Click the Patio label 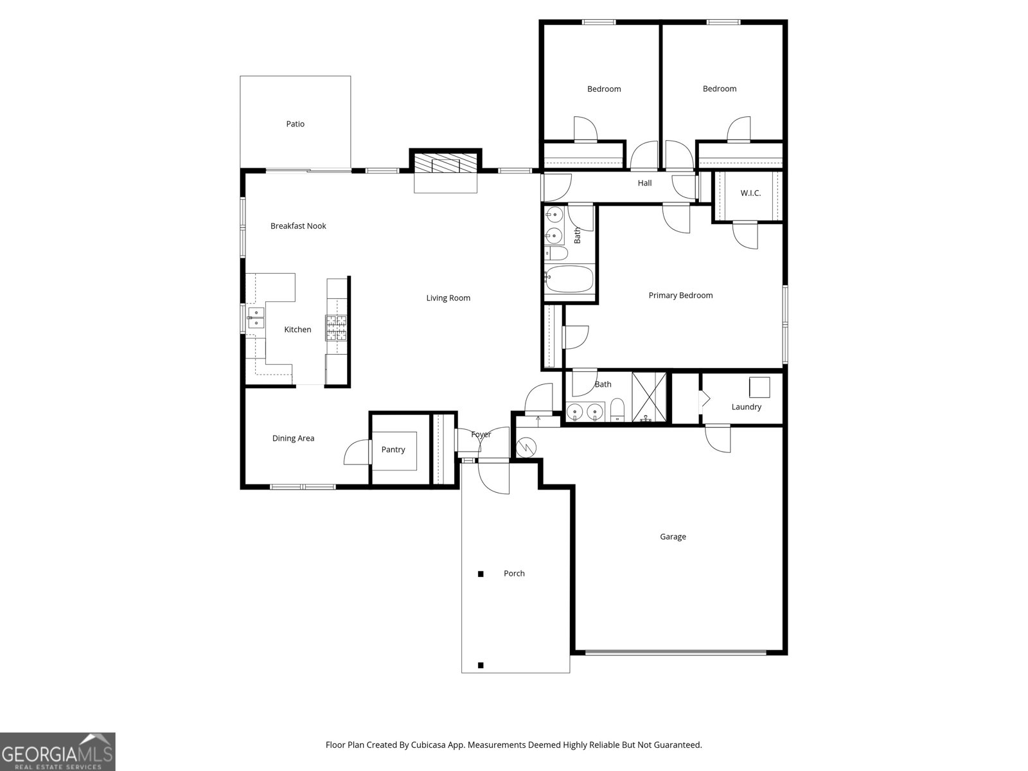(295, 124)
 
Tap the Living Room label (448, 298)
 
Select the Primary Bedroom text (680, 296)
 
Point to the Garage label (673, 537)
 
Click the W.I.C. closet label (750, 193)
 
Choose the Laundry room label (747, 407)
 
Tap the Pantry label (393, 450)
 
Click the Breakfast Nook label (298, 226)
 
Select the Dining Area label (293, 439)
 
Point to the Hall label (644, 183)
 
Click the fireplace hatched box (445, 163)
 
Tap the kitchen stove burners (337, 328)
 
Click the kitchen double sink (256, 318)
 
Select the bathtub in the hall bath (569, 279)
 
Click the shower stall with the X (649, 397)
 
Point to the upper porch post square (481, 574)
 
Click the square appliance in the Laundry (759, 387)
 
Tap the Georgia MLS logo (58, 752)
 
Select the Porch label (514, 574)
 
